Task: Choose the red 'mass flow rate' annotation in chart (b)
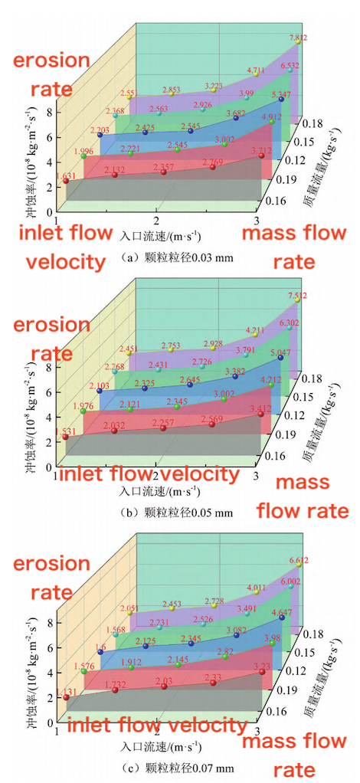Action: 302,496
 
